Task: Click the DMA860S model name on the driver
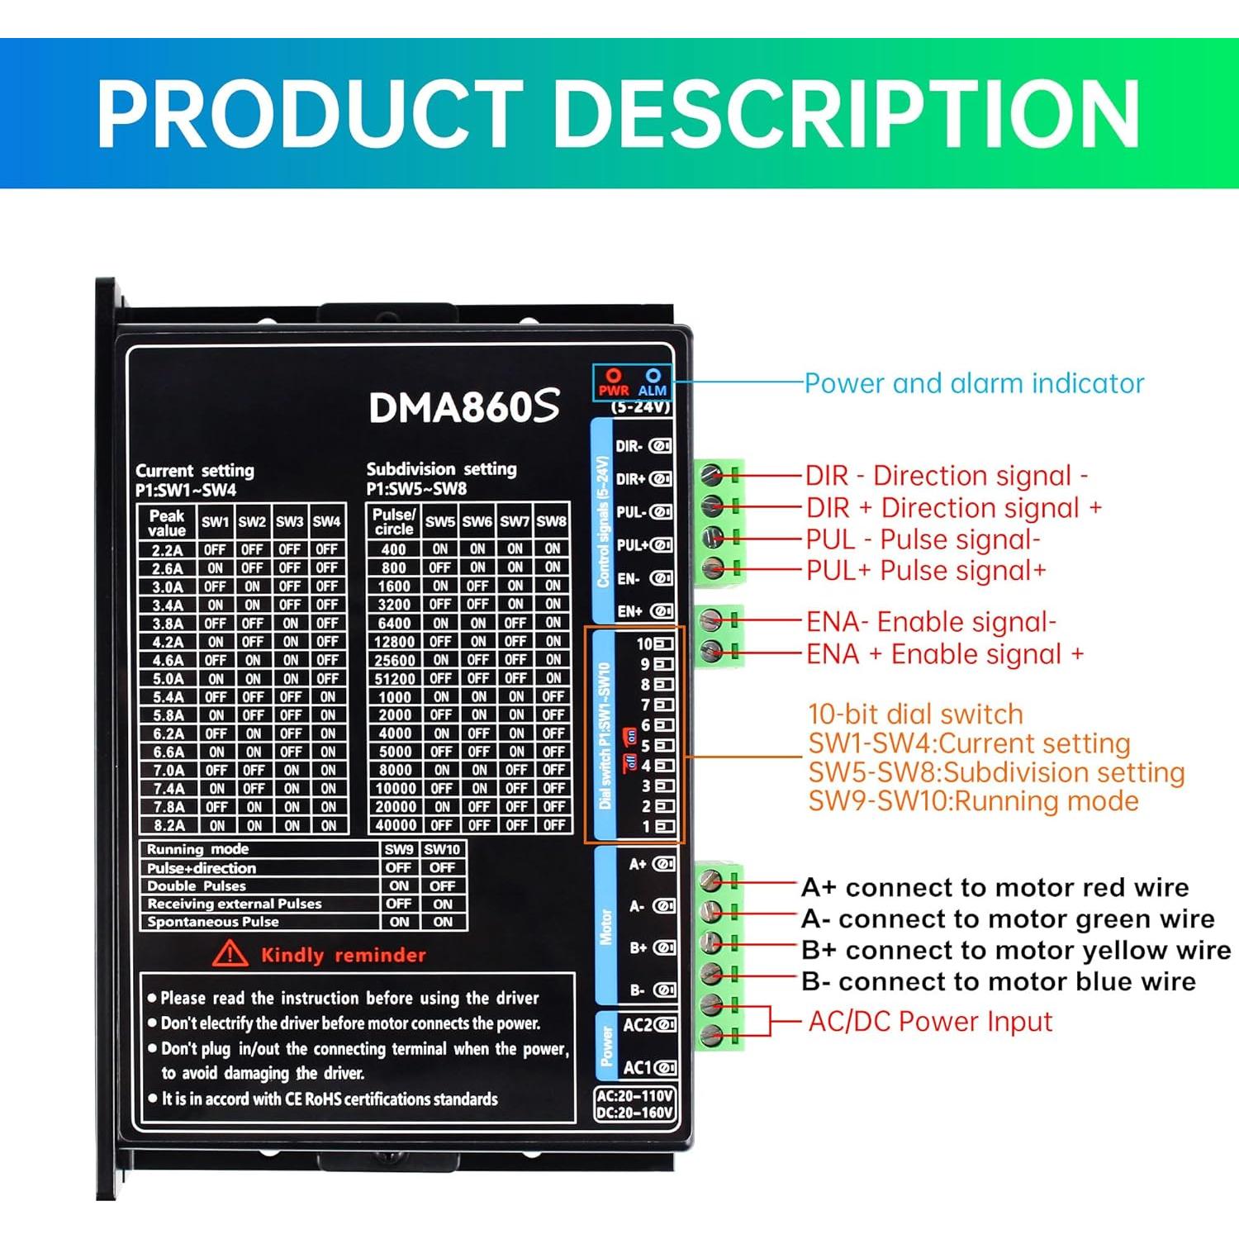pyautogui.click(x=464, y=406)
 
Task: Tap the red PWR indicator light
pyautogui.click(x=614, y=377)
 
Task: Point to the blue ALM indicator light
pyautogui.click(x=653, y=377)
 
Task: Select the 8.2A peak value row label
pyautogui.click(x=168, y=825)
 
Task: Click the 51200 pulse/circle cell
pyautogui.click(x=395, y=679)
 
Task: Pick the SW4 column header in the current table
pyautogui.click(x=326, y=522)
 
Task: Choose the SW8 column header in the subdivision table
pyautogui.click(x=551, y=522)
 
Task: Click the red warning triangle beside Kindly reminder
pyautogui.click(x=230, y=955)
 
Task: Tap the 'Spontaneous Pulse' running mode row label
pyautogui.click(x=213, y=922)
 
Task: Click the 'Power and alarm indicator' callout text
pyautogui.click(x=974, y=383)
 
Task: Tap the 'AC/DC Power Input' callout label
pyautogui.click(x=930, y=1022)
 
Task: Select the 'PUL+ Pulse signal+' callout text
pyautogui.click(x=926, y=571)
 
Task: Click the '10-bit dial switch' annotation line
pyautogui.click(x=915, y=714)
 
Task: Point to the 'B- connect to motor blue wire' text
pyautogui.click(x=999, y=981)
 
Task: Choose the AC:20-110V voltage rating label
pyautogui.click(x=635, y=1096)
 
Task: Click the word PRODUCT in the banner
pyautogui.click(x=310, y=114)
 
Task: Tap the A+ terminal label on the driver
pyautogui.click(x=638, y=864)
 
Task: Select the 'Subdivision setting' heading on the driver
pyautogui.click(x=441, y=469)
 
